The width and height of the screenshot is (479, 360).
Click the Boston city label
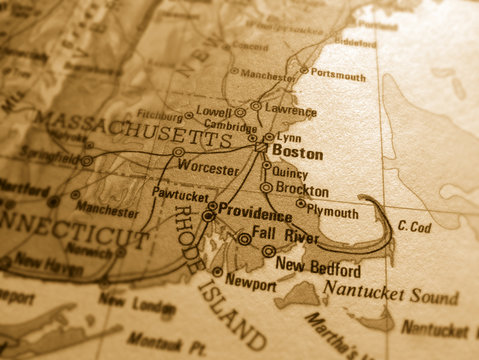click(x=298, y=154)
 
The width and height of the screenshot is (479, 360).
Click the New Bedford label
click(x=318, y=269)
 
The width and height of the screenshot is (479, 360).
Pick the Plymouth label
click(x=333, y=213)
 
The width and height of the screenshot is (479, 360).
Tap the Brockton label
click(x=301, y=190)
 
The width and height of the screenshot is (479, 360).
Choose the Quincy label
click(x=290, y=172)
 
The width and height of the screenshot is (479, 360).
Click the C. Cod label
click(x=414, y=228)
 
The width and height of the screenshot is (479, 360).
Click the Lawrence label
click(x=291, y=112)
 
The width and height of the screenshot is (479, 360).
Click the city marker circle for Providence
click(x=208, y=215)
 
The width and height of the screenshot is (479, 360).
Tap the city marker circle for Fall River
click(x=245, y=239)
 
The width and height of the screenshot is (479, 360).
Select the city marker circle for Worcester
click(x=178, y=153)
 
